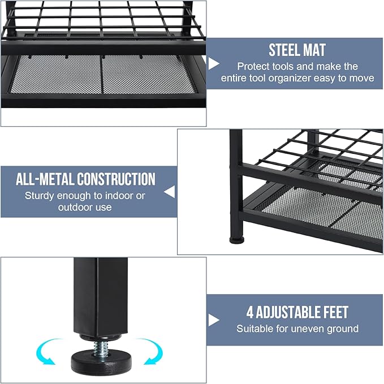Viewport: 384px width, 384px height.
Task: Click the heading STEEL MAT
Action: (297, 50)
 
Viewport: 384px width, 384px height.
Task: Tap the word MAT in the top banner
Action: (314, 50)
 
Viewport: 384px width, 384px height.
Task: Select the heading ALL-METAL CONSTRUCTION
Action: (85, 179)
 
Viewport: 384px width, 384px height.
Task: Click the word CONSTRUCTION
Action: (116, 179)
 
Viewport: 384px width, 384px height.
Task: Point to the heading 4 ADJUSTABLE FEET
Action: (297, 312)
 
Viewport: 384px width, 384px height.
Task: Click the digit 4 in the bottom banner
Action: (250, 312)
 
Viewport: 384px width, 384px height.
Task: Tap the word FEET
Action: (336, 312)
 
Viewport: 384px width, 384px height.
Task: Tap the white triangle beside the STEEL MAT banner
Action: (213, 64)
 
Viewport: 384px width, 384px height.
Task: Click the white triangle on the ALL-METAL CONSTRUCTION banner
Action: (170, 192)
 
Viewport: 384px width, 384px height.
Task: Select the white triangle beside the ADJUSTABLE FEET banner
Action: (213, 320)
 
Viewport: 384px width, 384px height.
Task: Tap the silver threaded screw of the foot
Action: (101, 348)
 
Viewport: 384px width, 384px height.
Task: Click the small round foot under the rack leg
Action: (237, 240)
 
